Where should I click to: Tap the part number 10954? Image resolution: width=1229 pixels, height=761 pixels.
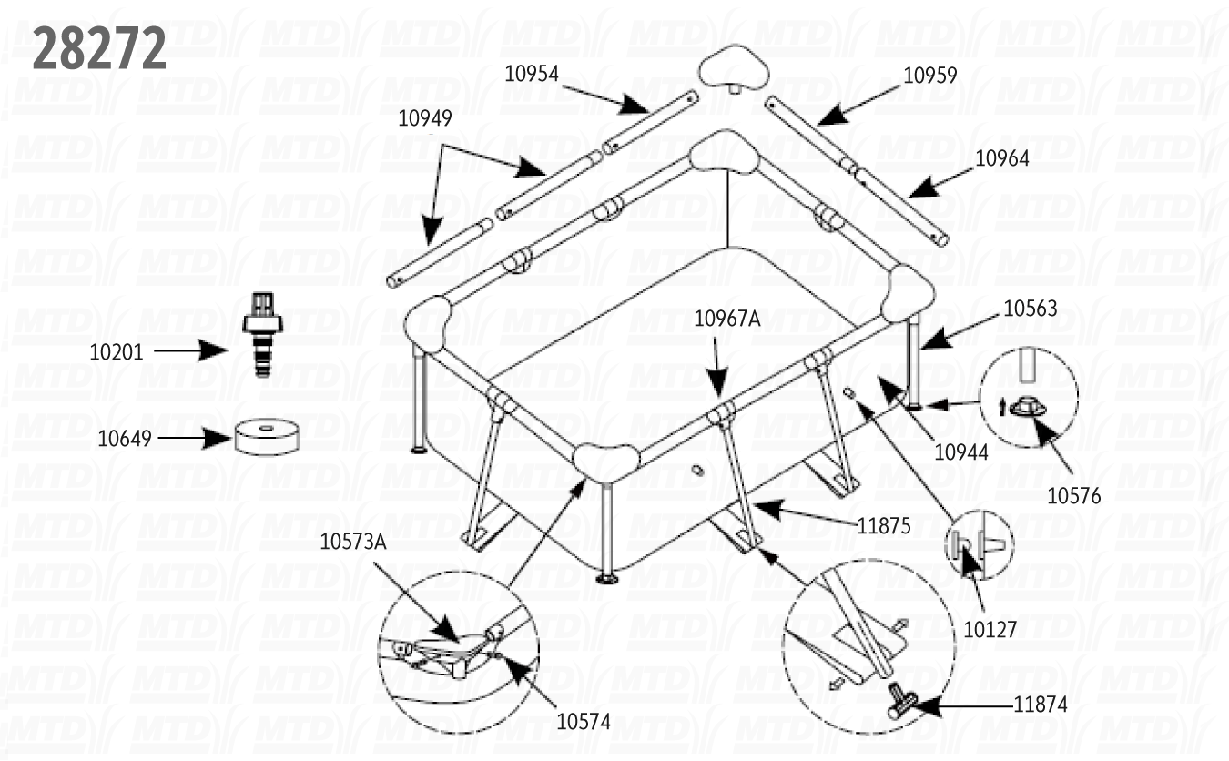[532, 74]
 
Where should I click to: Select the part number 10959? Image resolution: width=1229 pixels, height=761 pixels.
[929, 75]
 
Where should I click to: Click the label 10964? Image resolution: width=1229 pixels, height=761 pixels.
[1002, 158]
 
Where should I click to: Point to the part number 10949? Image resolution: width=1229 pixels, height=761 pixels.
[425, 117]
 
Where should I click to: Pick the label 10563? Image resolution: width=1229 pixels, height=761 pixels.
[1031, 309]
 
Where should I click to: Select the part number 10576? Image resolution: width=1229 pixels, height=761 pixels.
[1073, 496]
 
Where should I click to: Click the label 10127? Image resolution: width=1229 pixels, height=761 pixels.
[990, 629]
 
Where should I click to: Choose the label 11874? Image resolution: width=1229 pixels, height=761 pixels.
[1041, 704]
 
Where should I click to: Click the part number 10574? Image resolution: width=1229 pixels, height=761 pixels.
[584, 722]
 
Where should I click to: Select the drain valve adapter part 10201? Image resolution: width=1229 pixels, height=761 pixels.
[262, 332]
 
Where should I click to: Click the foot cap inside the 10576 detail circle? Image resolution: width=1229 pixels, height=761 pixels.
[1028, 406]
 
